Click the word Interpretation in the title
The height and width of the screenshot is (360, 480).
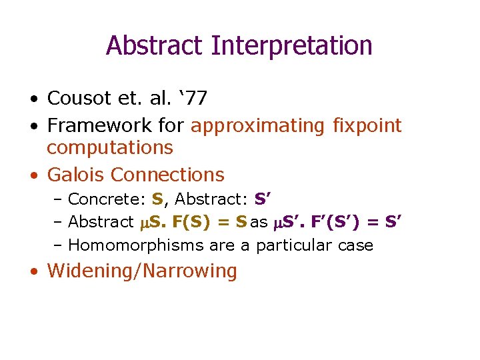pyautogui.click(x=291, y=46)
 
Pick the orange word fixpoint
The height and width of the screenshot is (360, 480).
pyautogui.click(x=367, y=126)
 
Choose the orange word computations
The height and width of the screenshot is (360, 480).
pyautogui.click(x=110, y=147)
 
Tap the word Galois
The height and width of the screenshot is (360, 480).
pyautogui.click(x=76, y=175)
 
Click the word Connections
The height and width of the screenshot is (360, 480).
pyautogui.click(x=167, y=175)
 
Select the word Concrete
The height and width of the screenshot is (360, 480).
pyautogui.click(x=107, y=199)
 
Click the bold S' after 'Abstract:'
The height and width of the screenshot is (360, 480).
pyautogui.click(x=262, y=199)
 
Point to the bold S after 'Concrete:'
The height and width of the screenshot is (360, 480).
pyautogui.click(x=157, y=199)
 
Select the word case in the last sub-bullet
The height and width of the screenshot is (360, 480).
pyautogui.click(x=355, y=245)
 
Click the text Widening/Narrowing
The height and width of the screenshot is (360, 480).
pyautogui.click(x=142, y=271)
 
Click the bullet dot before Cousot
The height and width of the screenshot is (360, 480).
pyautogui.click(x=34, y=100)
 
